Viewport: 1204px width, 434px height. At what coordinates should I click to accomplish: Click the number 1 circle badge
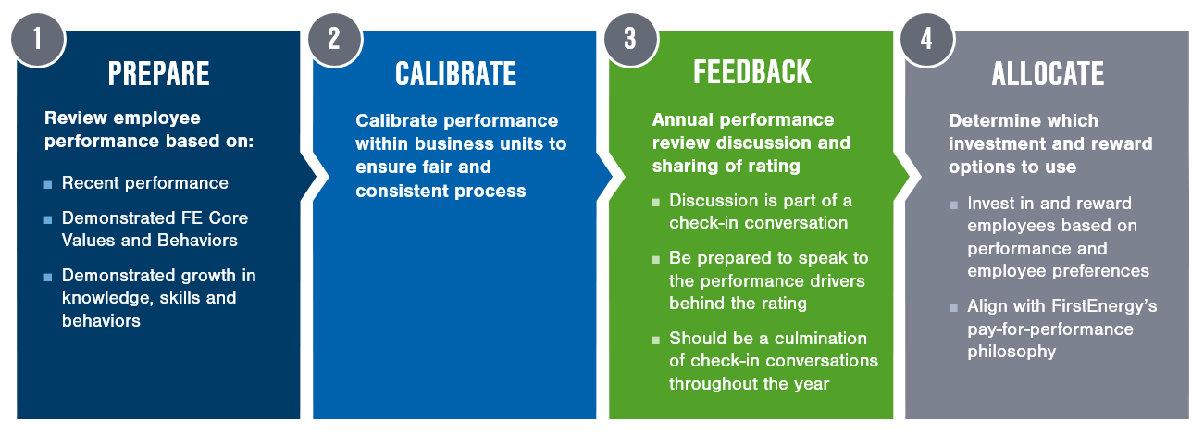click(38, 39)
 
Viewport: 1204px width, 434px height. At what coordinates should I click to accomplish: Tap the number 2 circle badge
click(335, 39)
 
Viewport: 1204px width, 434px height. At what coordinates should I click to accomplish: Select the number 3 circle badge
click(631, 39)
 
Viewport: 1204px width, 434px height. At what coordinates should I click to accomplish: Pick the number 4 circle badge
click(927, 39)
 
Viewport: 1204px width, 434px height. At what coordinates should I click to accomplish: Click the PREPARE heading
click(158, 74)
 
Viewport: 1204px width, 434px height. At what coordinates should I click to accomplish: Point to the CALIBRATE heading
click(456, 74)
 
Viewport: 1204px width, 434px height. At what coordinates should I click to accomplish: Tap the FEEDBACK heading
click(752, 72)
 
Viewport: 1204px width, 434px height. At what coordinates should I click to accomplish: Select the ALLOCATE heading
click(1048, 74)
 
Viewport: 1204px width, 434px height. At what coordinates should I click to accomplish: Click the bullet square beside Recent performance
click(48, 185)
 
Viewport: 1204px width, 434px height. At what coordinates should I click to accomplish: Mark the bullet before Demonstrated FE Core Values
click(48, 219)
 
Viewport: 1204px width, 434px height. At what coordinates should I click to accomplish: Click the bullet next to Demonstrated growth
click(48, 278)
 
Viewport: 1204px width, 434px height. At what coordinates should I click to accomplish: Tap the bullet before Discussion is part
click(655, 203)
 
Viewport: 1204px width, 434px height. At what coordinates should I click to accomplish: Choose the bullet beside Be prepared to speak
click(655, 260)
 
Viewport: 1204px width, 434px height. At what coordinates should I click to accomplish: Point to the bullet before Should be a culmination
click(655, 340)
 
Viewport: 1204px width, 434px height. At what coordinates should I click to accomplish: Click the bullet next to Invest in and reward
click(953, 205)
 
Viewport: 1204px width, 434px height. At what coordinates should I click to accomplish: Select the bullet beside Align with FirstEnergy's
click(953, 308)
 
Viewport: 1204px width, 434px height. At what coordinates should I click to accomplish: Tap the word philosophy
click(1012, 352)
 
